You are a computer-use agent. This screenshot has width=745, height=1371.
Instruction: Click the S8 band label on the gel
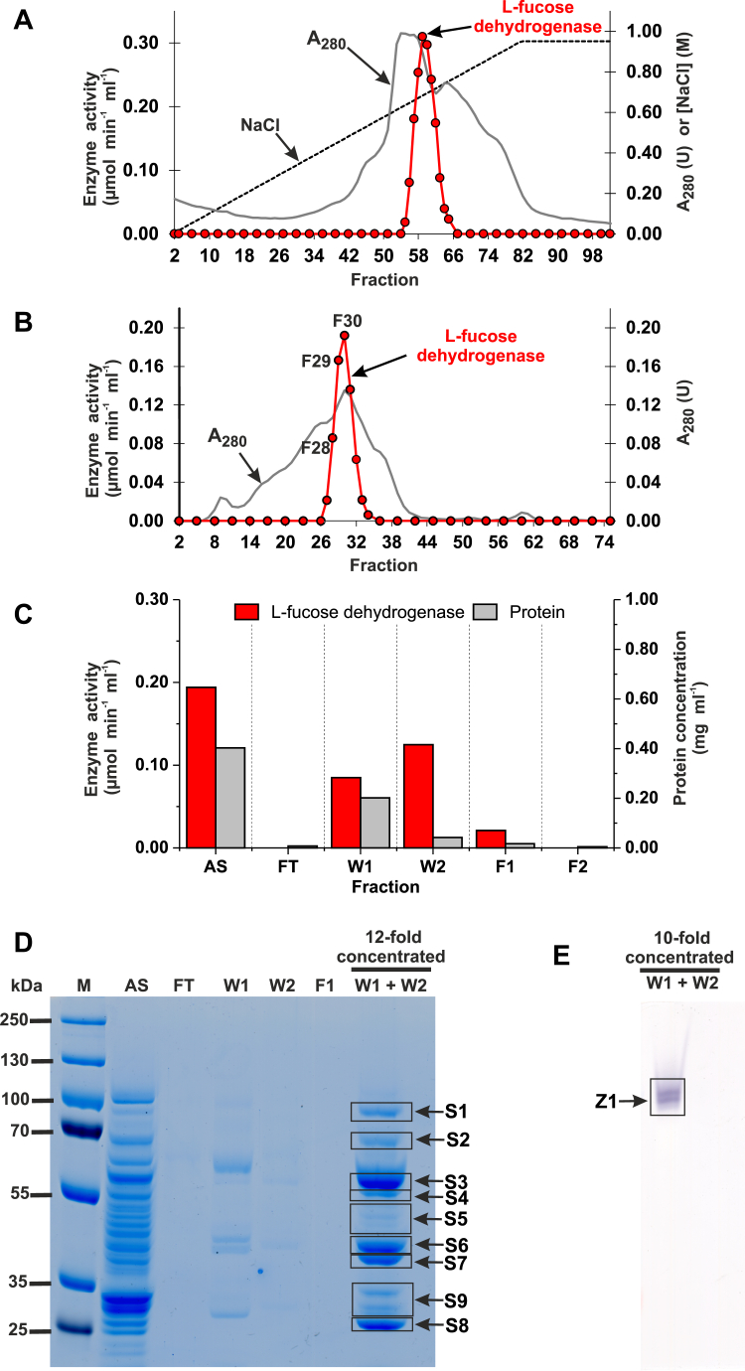coord(457,1325)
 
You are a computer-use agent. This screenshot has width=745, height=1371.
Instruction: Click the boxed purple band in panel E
coord(668,1096)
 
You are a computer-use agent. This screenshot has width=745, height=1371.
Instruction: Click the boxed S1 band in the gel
coord(380,1112)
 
